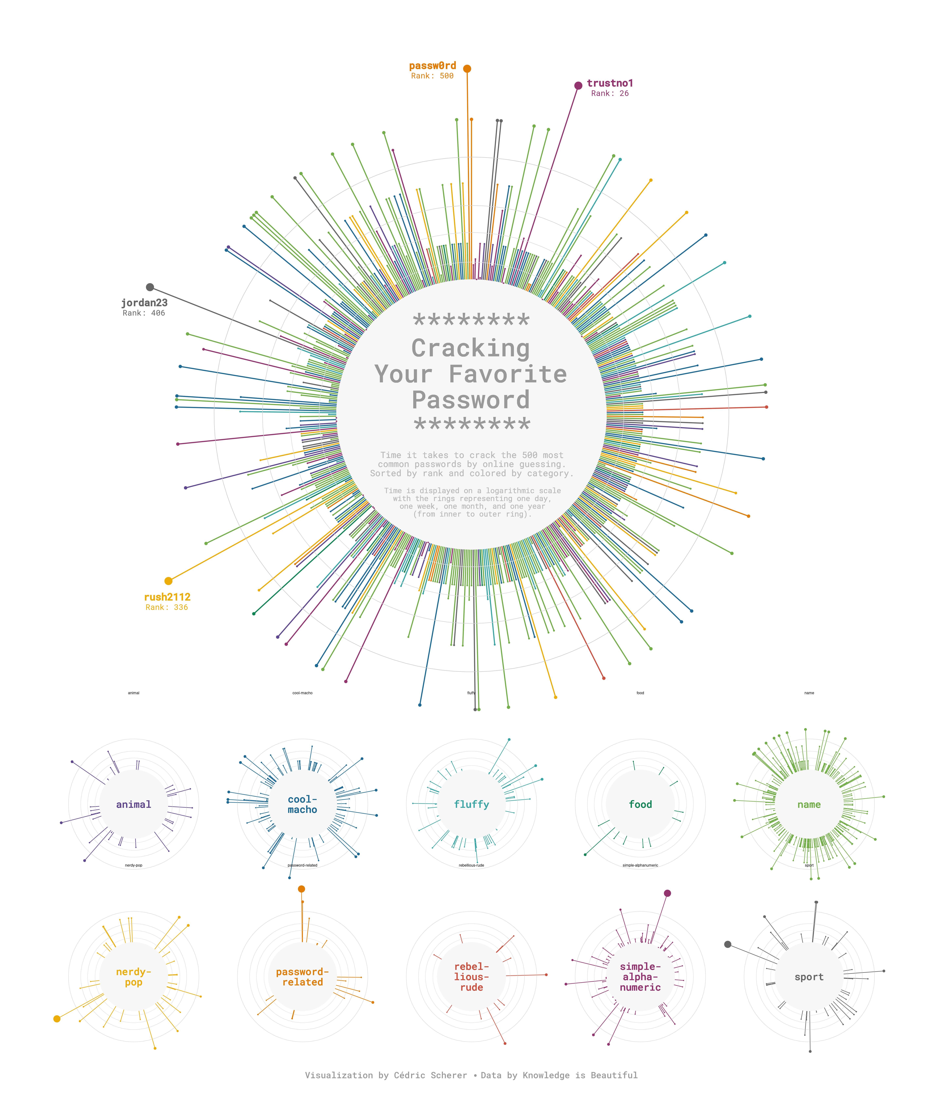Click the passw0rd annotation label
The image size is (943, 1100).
(432, 66)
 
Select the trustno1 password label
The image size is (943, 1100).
(610, 83)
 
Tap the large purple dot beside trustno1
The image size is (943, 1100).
(578, 85)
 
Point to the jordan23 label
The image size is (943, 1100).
(144, 303)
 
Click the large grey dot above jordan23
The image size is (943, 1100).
(150, 287)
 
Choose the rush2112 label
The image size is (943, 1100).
(167, 597)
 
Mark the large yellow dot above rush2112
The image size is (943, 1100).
(168, 581)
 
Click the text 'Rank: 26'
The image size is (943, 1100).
(610, 93)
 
